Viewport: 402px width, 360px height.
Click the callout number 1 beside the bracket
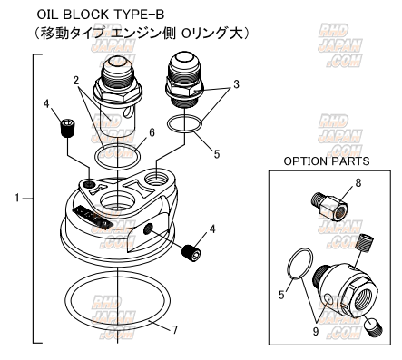click(x=17, y=199)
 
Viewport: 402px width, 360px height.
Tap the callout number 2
click(x=76, y=80)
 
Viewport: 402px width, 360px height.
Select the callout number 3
click(x=236, y=84)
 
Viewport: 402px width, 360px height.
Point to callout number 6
click(x=152, y=132)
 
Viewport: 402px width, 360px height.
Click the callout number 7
click(x=175, y=330)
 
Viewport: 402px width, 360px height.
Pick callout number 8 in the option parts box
click(x=358, y=182)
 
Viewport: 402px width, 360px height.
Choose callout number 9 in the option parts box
click(x=316, y=332)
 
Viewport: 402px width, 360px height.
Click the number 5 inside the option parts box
click(x=281, y=295)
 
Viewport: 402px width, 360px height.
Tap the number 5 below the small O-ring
click(x=217, y=154)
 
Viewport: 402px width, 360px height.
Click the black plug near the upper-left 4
click(x=68, y=128)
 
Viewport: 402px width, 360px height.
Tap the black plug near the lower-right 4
click(x=191, y=252)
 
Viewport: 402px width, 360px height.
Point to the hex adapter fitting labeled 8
click(x=329, y=206)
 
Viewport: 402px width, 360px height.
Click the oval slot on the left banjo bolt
click(x=128, y=112)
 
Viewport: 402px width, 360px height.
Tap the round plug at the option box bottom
click(x=374, y=327)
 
